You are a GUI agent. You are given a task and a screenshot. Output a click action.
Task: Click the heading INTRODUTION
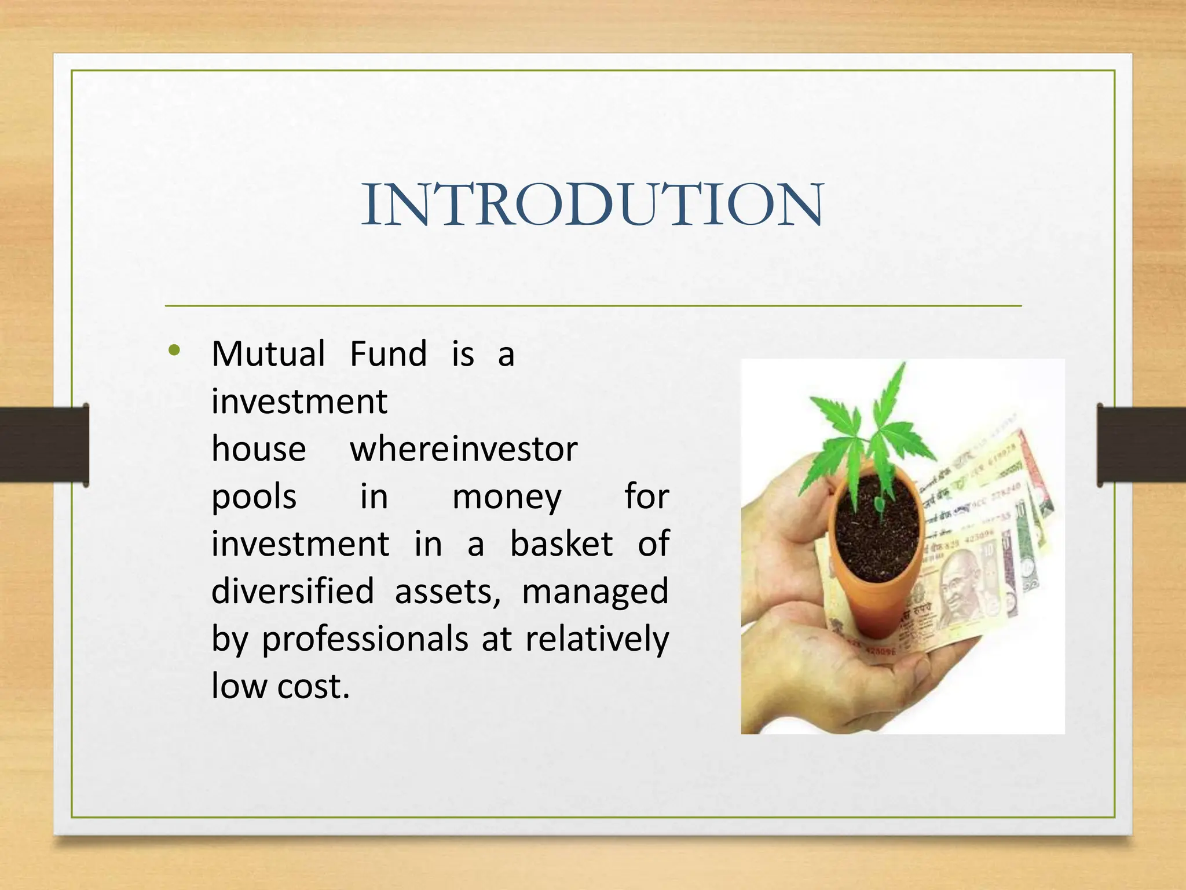click(x=592, y=204)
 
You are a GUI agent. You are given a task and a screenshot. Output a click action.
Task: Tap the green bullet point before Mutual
click(x=174, y=351)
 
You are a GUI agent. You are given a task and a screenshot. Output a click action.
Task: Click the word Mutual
click(x=268, y=354)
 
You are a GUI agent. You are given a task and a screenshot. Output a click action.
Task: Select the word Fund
click(x=388, y=354)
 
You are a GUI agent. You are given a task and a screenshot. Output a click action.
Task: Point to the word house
click(x=258, y=449)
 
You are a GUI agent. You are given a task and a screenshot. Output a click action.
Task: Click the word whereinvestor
click(x=463, y=449)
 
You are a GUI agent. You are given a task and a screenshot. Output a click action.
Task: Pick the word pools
click(x=254, y=497)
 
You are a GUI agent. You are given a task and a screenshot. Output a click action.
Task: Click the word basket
click(x=561, y=544)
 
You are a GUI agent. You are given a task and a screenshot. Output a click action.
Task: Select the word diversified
click(x=292, y=592)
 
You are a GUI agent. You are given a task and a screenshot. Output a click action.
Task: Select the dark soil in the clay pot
click(x=877, y=533)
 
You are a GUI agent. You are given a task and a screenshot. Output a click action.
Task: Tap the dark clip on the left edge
click(x=43, y=444)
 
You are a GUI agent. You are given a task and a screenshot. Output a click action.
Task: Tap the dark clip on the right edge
click(x=1141, y=444)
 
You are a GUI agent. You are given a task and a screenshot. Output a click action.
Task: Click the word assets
click(x=447, y=592)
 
